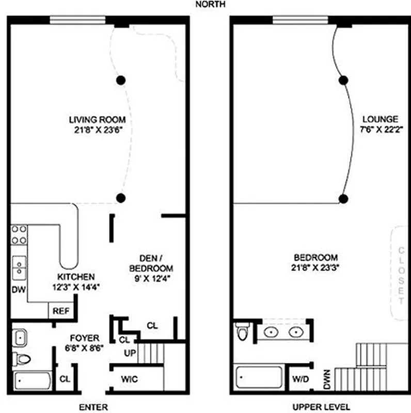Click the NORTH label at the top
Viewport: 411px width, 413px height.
point(209,5)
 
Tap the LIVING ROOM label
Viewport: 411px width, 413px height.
point(97,120)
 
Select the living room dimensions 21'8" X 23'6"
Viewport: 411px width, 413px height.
point(97,129)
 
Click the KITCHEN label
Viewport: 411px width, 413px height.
point(75,277)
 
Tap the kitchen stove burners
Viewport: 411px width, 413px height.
point(20,234)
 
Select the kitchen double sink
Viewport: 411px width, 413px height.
point(20,267)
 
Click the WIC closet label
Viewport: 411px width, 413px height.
point(129,379)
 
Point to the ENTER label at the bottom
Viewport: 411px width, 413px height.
point(93,407)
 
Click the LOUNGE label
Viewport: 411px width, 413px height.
point(380,118)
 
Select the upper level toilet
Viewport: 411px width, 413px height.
point(242,331)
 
